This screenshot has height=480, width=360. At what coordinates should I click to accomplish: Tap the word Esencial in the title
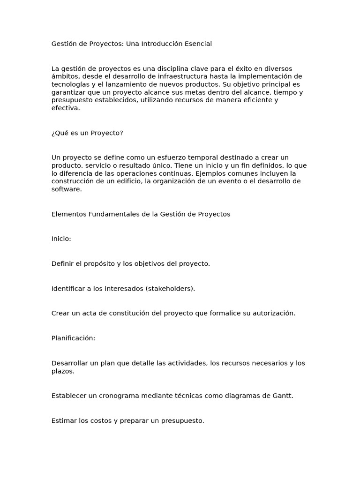(x=199, y=44)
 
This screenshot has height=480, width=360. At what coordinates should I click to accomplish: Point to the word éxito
(x=239, y=68)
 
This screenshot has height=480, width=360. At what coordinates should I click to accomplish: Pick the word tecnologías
(x=71, y=84)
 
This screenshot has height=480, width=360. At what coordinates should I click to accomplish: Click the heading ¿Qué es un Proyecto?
(x=87, y=133)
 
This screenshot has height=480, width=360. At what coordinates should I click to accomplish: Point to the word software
(x=66, y=189)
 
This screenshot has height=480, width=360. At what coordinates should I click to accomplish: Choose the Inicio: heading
(x=61, y=239)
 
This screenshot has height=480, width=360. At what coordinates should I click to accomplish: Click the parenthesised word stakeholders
(x=169, y=288)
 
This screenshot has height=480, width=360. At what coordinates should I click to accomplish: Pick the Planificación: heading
(x=73, y=338)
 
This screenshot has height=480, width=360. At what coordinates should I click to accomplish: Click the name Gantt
(x=283, y=396)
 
